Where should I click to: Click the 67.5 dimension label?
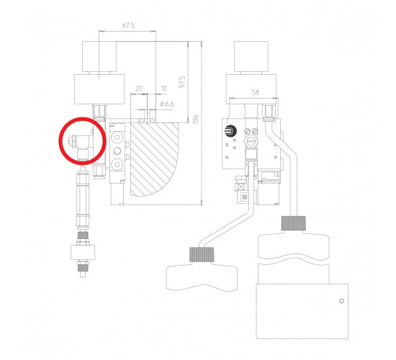pyautogui.click(x=128, y=25)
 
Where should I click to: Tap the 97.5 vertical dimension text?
pyautogui.click(x=182, y=81)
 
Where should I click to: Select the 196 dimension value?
pyautogui.click(x=196, y=120)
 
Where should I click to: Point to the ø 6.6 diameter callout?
pyautogui.click(x=167, y=104)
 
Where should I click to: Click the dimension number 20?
pyautogui.click(x=139, y=89)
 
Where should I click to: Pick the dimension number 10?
pyautogui.click(x=164, y=89)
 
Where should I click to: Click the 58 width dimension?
pyautogui.click(x=256, y=92)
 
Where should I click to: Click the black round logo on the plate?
pyautogui.click(x=230, y=131)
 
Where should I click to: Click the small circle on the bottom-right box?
pyautogui.click(x=341, y=301)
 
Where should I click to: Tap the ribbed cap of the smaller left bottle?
pyautogui.click(x=202, y=254)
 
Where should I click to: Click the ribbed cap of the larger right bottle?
pyautogui.click(x=294, y=223)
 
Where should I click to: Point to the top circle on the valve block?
pyautogui.click(x=117, y=138)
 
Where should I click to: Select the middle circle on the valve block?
pyautogui.click(x=117, y=151)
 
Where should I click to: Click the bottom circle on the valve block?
pyautogui.click(x=117, y=164)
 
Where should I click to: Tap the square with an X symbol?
pyautogui.click(x=241, y=187)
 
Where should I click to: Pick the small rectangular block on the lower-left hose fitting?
pyautogui.click(x=83, y=252)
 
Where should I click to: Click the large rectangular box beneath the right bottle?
pyautogui.click(x=302, y=311)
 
